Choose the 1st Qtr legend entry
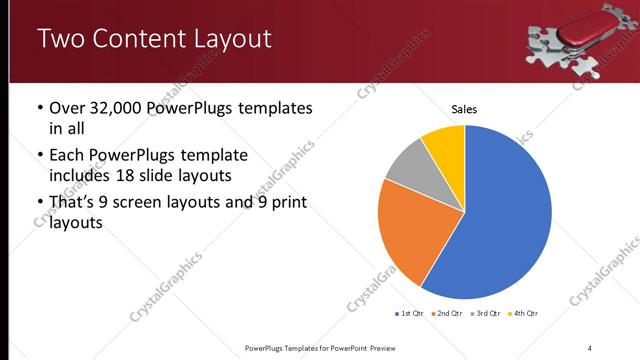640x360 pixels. [410, 314]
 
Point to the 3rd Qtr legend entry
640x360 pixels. [486, 314]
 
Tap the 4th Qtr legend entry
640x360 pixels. [523, 314]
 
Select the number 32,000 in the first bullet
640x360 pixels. [123, 108]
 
